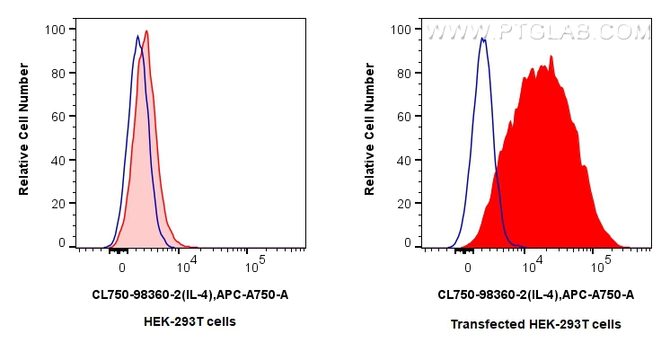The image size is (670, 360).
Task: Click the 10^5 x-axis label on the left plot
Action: (255, 264)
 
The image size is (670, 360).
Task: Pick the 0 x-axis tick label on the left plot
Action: (121, 267)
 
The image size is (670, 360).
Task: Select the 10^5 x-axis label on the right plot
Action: (601, 264)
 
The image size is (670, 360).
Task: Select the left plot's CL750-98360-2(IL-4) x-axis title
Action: (190, 294)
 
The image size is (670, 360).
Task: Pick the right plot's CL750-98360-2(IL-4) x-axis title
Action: (535, 294)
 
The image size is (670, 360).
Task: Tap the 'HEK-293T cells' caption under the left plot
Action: (190, 321)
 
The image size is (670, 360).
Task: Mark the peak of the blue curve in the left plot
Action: (137, 36)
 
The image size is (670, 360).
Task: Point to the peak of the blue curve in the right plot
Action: (483, 39)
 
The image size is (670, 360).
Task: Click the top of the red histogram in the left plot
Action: (145, 31)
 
